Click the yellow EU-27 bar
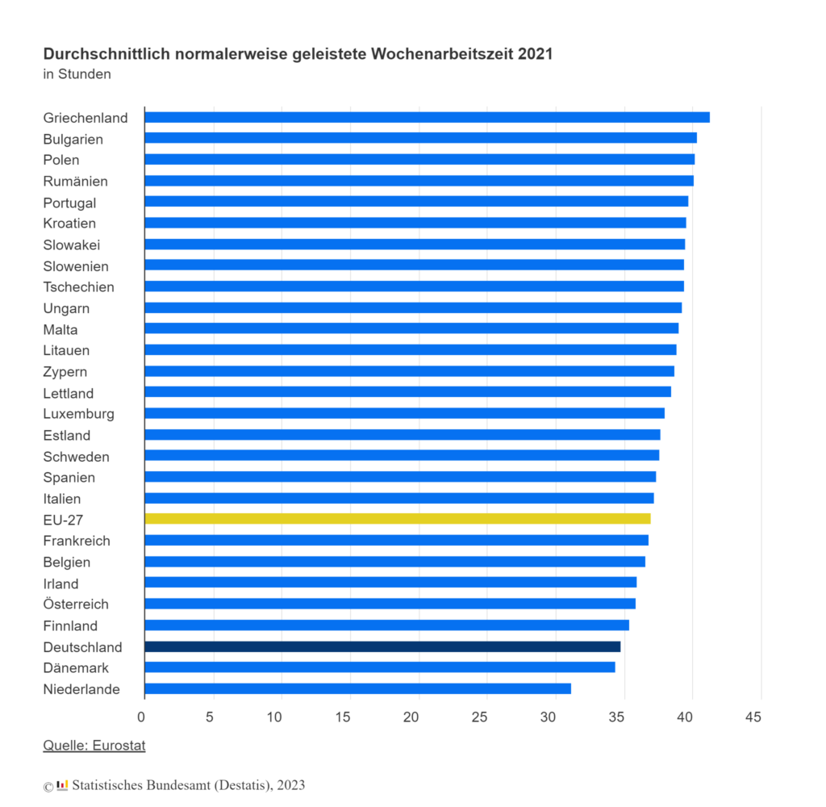coord(397,519)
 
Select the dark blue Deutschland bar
coord(382,646)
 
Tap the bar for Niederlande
coord(357,688)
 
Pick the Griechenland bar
coord(427,117)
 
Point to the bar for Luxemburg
coord(404,413)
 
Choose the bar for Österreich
coord(390,604)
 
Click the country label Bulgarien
coord(73,140)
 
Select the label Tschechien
coord(79,287)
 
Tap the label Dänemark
coord(76,668)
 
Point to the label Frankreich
coord(77,541)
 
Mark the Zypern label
coord(65,372)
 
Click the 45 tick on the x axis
coord(753,717)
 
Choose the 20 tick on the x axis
coord(411,717)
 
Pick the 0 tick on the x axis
coord(141,717)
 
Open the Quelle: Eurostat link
coord(94,746)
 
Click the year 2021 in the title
coord(536,55)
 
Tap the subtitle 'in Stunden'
coord(77,75)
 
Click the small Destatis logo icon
coord(62,784)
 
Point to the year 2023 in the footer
coord(291,784)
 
